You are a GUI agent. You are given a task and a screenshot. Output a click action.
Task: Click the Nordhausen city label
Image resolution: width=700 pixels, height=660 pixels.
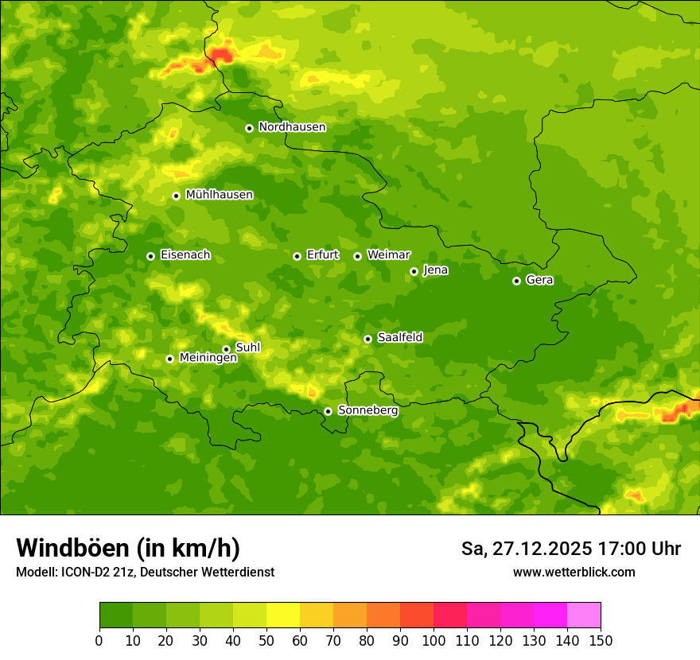tap(292, 127)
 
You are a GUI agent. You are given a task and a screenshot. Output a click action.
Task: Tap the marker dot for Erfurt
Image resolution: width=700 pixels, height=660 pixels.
tap(297, 256)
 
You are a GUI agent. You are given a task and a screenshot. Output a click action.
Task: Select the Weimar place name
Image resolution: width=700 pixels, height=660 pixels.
tap(388, 255)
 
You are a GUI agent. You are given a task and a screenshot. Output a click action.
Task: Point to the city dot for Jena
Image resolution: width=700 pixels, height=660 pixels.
tap(414, 271)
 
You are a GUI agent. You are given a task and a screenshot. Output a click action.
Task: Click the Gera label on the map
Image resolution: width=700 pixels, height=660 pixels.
tap(539, 280)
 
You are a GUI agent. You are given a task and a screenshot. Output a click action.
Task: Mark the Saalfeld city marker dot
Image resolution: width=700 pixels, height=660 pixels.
tap(367, 339)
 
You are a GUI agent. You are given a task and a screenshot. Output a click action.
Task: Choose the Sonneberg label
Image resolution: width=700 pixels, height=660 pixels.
tap(367, 410)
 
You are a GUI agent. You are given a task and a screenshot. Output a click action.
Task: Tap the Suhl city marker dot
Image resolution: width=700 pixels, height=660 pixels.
tap(226, 349)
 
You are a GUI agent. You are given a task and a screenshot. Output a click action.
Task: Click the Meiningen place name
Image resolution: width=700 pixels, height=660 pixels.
tap(208, 358)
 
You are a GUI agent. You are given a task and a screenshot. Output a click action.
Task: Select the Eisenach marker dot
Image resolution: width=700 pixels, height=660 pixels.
tap(150, 256)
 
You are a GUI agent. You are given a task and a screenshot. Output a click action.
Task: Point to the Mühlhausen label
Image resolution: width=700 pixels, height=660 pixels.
tap(219, 195)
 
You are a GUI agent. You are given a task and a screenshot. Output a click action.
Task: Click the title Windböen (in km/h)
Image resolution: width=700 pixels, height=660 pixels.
tap(128, 548)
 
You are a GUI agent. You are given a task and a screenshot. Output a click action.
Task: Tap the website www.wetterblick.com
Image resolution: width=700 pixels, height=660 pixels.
tap(574, 572)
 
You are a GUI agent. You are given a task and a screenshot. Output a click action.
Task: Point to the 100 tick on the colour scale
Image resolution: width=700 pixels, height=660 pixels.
tap(434, 640)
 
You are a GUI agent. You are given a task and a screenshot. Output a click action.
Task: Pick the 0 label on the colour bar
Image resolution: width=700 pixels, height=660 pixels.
tap(99, 640)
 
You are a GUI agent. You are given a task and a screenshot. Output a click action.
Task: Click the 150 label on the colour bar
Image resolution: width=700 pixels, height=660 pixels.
tap(601, 640)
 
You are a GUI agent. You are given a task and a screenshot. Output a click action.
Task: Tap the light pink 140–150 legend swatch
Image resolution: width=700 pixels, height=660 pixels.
tap(584, 615)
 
